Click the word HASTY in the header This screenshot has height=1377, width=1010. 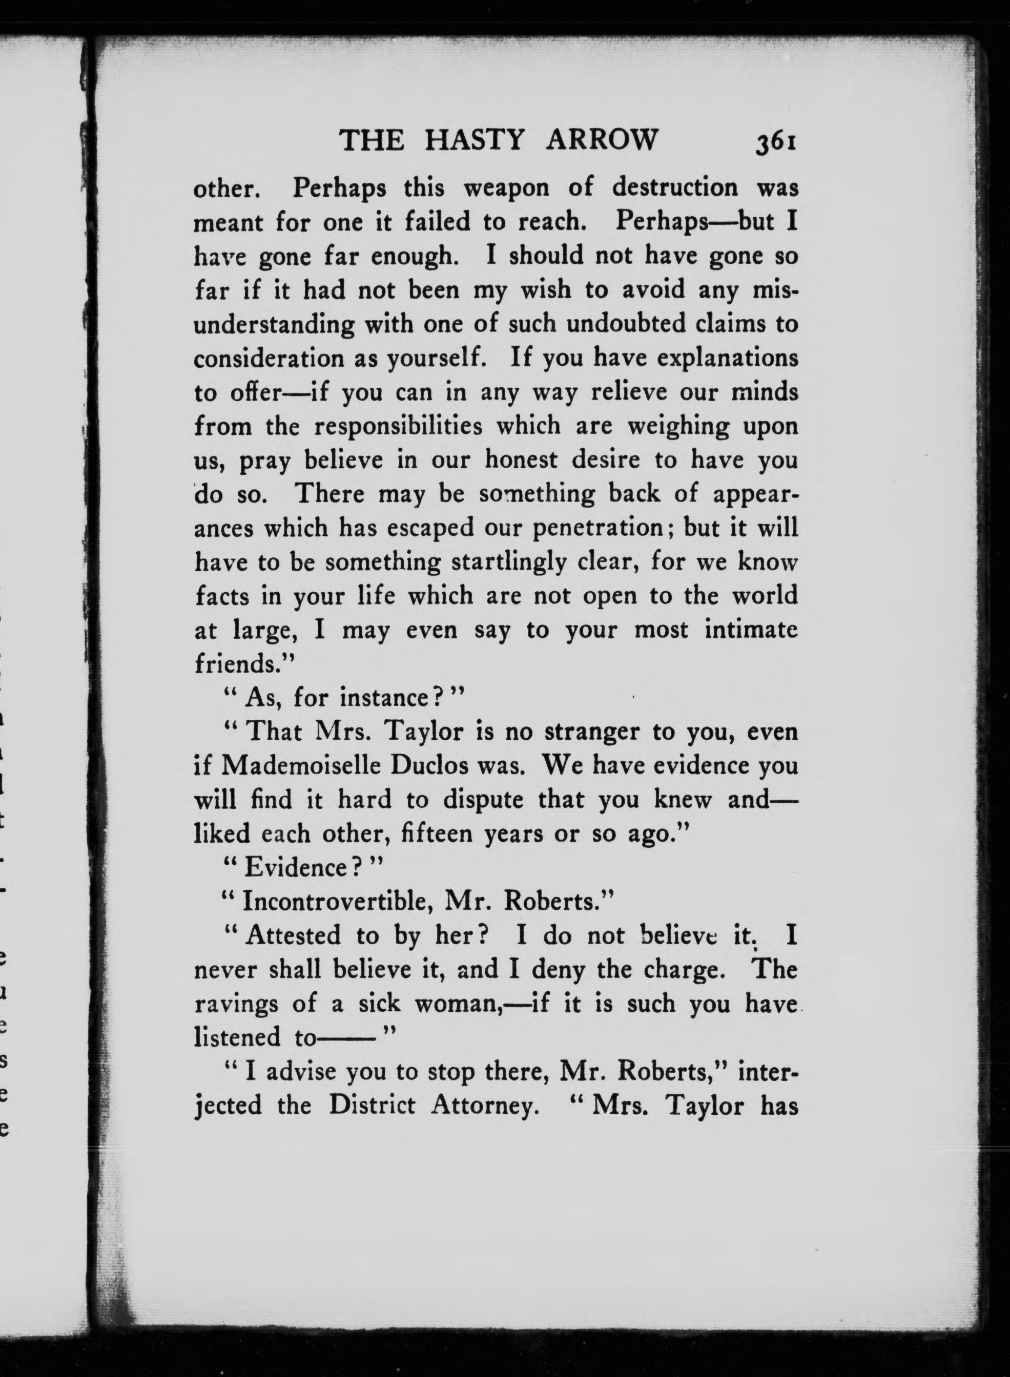click(x=475, y=140)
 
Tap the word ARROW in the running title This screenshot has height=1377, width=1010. click(x=602, y=140)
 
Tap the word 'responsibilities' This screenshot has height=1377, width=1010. click(x=398, y=426)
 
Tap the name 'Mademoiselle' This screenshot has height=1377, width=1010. click(x=301, y=766)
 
